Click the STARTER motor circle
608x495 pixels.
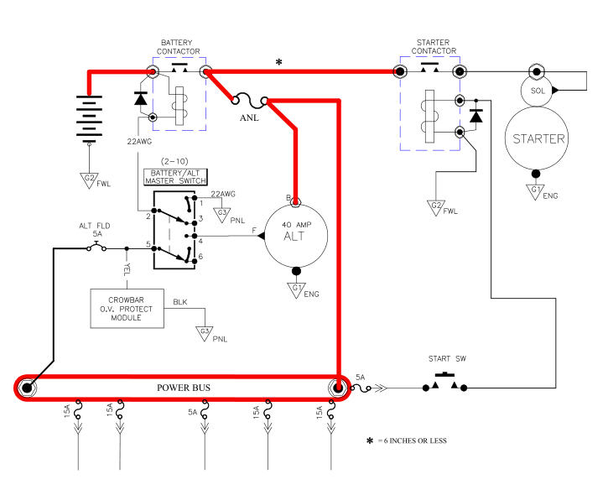[538, 138]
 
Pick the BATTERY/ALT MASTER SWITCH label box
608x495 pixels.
[175, 177]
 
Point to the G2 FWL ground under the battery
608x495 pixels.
[90, 179]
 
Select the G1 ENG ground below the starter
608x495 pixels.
[538, 191]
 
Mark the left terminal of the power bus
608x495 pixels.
[27, 388]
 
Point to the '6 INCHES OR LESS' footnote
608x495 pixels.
[412, 440]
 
